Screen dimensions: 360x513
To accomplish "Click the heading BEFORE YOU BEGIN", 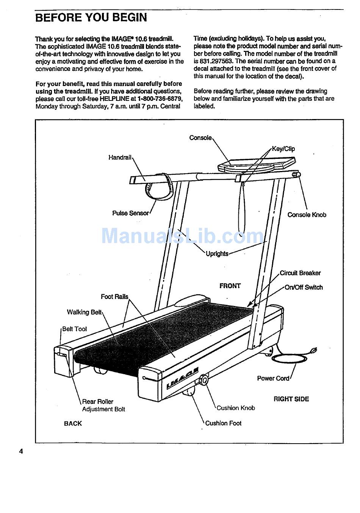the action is pyautogui.click(x=91, y=17).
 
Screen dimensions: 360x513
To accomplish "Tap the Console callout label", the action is pyautogui.click(x=200, y=138).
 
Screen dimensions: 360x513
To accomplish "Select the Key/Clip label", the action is pyautogui.click(x=283, y=149).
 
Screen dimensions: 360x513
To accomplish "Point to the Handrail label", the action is pyautogui.click(x=120, y=157).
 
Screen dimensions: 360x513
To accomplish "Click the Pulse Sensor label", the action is pyautogui.click(x=130, y=213).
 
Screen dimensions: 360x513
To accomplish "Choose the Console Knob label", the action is pyautogui.click(x=307, y=215).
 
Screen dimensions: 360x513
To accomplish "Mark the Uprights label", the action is pyautogui.click(x=217, y=254).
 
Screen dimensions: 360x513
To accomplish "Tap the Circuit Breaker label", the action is pyautogui.click(x=300, y=273).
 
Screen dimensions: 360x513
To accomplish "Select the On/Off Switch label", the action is pyautogui.click(x=304, y=287).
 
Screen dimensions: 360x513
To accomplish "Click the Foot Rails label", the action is pyautogui.click(x=114, y=297).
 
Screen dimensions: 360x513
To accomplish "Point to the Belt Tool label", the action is pyautogui.click(x=74, y=329).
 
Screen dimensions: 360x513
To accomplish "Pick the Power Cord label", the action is pyautogui.click(x=273, y=378).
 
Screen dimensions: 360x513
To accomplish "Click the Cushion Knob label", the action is pyautogui.click(x=236, y=408).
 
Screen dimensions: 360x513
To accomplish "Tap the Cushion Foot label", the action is pyautogui.click(x=223, y=423).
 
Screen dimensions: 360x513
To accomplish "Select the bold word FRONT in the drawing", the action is pyautogui.click(x=230, y=286).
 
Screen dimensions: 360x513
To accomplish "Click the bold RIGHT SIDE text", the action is pyautogui.click(x=291, y=399).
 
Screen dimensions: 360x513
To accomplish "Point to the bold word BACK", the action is pyautogui.click(x=73, y=424).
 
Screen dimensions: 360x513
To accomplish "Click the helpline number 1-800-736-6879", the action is pyautogui.click(x=160, y=99).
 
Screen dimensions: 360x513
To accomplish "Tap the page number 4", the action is pyautogui.click(x=21, y=451).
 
